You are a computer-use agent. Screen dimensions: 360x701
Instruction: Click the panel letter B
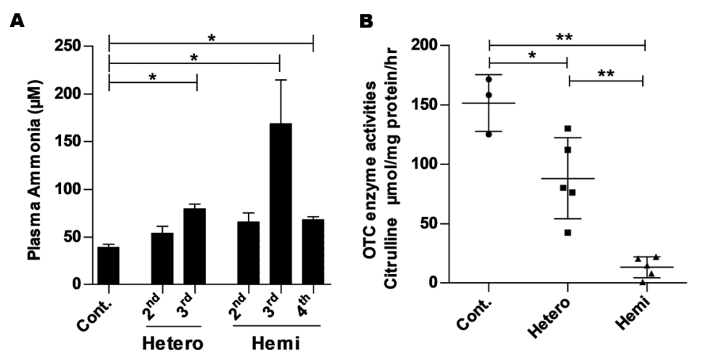(368, 21)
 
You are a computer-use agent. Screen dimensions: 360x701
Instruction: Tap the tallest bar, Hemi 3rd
(280, 203)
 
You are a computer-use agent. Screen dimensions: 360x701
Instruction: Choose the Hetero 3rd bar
(194, 246)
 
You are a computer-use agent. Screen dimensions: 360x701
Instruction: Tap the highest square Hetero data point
(566, 128)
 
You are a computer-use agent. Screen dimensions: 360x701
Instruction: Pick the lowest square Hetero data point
(567, 233)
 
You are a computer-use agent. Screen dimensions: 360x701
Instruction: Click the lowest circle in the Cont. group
(489, 134)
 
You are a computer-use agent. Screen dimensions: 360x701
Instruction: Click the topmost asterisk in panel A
(211, 37)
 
